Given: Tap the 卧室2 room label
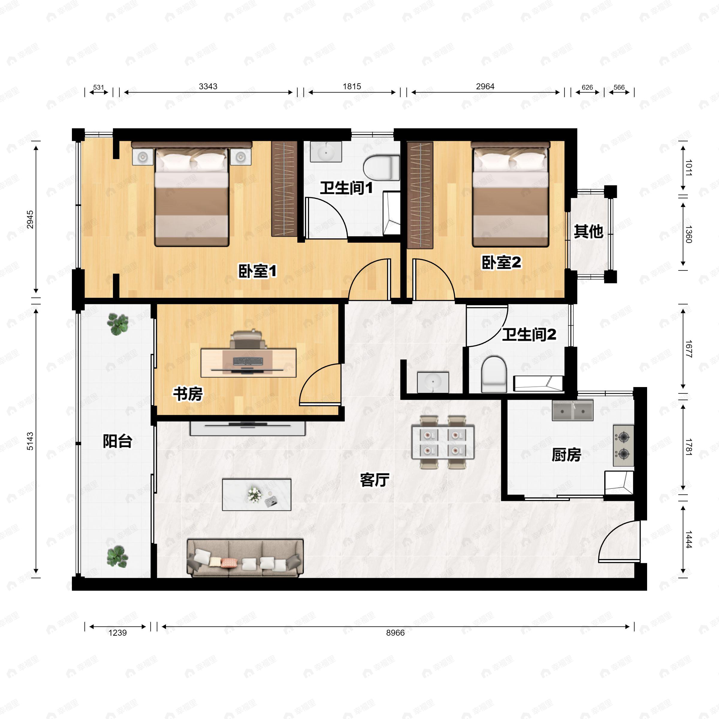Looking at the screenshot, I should click(x=501, y=262).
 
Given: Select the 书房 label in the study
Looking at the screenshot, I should click(x=188, y=394).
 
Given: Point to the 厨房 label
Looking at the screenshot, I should click(x=566, y=455).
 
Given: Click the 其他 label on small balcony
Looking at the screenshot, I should click(x=588, y=232).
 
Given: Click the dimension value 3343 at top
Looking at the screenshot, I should click(x=208, y=86).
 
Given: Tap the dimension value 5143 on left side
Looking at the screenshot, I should click(x=30, y=441).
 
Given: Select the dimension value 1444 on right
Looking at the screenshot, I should click(x=688, y=540).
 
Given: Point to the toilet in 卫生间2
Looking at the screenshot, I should click(x=494, y=374).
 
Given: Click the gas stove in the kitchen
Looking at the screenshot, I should click(x=623, y=445).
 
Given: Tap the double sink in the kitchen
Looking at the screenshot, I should click(x=573, y=410).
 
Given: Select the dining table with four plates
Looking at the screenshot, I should click(x=442, y=442).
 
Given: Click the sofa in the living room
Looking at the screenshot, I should click(x=245, y=558).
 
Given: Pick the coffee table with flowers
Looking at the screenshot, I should click(x=256, y=495).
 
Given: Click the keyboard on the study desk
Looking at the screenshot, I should click(x=247, y=361).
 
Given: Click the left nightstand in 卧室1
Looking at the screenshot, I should click(x=143, y=157).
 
